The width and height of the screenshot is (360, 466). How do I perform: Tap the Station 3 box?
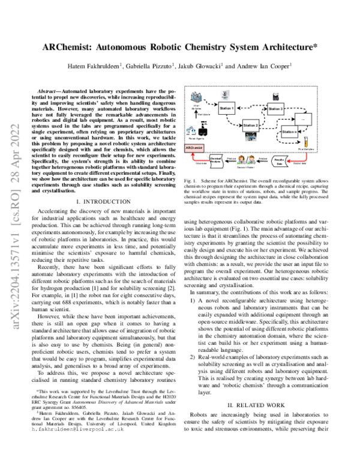point(275,108)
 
